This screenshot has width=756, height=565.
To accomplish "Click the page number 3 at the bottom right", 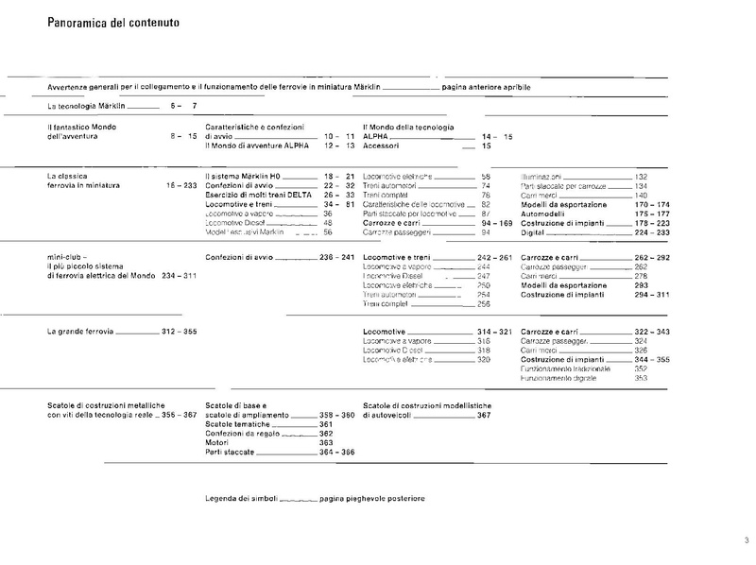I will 746,540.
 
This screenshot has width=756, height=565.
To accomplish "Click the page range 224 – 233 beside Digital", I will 651,231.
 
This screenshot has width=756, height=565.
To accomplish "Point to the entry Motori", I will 218,442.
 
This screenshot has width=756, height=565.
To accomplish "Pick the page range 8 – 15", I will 183,137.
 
